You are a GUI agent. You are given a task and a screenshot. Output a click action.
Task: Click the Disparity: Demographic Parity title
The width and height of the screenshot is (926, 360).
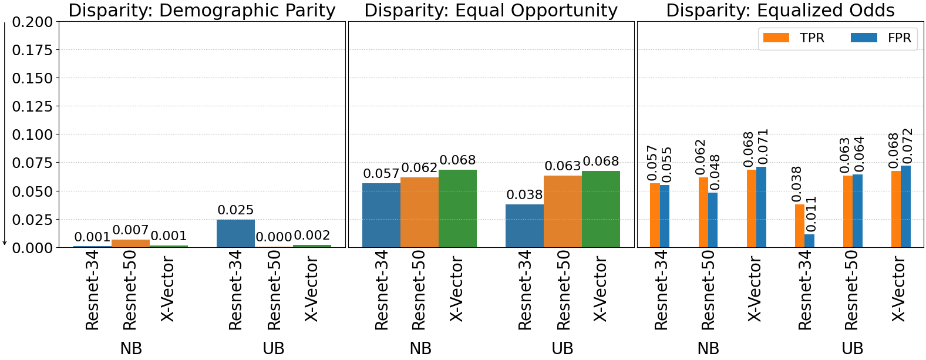pos(202,11)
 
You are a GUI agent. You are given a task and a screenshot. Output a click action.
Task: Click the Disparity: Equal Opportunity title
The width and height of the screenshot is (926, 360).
pos(491,11)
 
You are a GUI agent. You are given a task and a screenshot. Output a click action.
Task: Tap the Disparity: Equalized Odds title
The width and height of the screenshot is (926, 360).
pos(780,11)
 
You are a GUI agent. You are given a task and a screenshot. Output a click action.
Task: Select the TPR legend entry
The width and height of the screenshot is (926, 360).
pos(794,38)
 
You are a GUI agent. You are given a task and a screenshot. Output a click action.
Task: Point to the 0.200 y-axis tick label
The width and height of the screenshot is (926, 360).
pos(32,22)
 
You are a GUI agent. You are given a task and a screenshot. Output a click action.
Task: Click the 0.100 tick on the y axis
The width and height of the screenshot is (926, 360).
pos(32,134)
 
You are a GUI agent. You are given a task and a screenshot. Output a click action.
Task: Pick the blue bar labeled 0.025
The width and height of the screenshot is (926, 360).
pos(235,234)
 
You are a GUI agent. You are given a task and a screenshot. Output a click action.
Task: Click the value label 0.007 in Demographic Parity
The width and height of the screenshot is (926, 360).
pos(130,230)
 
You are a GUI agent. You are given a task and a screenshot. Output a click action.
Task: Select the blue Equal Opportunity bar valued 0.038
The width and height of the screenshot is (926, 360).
pos(524,226)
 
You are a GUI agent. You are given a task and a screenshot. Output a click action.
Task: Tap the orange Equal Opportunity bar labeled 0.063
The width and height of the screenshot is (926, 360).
pos(563,211)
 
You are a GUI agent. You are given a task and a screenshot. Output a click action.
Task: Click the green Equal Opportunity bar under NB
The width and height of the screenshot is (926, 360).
pos(457,208)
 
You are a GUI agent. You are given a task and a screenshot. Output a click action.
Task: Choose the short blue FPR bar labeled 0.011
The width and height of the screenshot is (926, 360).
pos(809,241)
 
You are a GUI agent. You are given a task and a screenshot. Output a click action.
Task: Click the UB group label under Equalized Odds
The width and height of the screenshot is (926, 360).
pos(852,349)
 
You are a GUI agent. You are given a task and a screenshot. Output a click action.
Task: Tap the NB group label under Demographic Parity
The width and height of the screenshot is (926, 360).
pos(131,349)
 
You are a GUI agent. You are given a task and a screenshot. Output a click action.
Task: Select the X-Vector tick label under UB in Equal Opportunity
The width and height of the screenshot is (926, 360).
pos(600,289)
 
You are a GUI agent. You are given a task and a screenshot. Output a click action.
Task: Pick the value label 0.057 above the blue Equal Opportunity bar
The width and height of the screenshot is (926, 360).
pos(381,174)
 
